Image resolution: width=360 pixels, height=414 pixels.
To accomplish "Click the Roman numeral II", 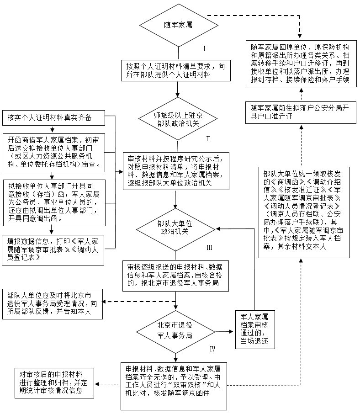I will [x=208, y=138].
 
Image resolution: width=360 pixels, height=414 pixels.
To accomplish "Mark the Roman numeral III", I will [x=209, y=247].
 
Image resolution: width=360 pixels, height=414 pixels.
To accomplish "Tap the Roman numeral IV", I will [x=212, y=348].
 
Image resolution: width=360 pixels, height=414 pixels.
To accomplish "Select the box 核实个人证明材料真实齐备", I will [x=53, y=118].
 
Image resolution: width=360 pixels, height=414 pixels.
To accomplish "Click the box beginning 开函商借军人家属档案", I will [x=54, y=152].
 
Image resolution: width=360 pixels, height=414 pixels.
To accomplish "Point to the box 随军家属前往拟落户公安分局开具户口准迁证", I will [x=300, y=112].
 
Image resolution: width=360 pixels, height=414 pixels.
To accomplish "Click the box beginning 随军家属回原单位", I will [x=300, y=64].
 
